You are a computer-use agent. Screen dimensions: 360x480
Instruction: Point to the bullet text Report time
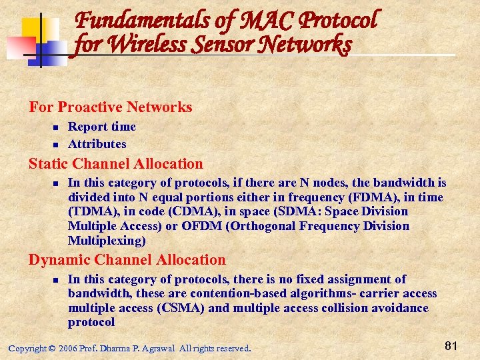pyautogui.click(x=102, y=127)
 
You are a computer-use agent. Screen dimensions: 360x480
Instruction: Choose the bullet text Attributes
pyautogui.click(x=97, y=144)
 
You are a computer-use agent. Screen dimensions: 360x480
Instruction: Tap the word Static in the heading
pyautogui.click(x=49, y=164)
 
